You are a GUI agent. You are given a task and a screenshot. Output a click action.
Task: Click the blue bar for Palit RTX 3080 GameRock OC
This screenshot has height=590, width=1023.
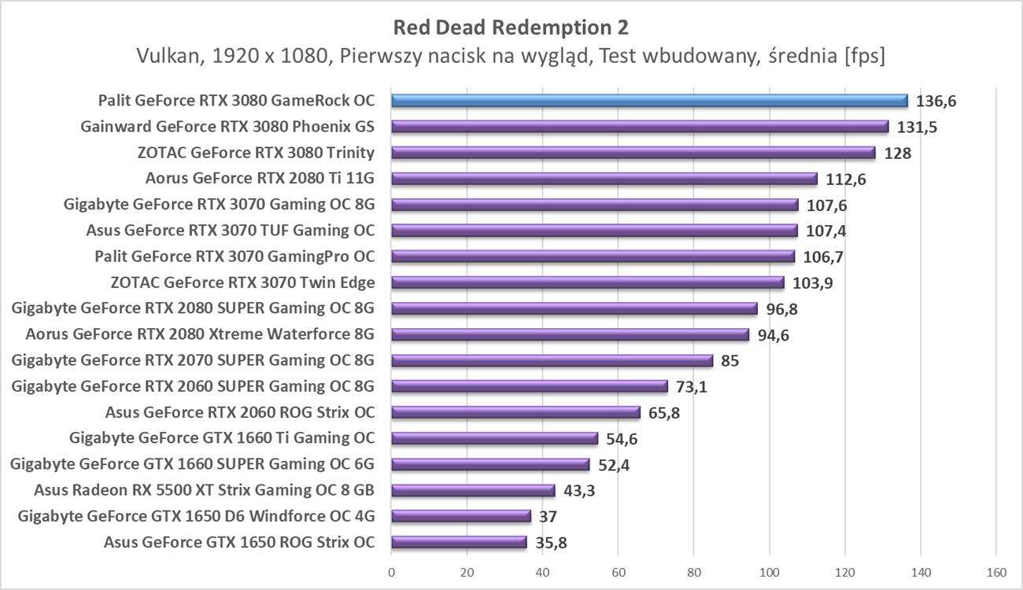(x=648, y=101)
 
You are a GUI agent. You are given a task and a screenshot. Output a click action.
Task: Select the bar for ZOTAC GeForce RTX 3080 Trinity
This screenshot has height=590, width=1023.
(x=633, y=153)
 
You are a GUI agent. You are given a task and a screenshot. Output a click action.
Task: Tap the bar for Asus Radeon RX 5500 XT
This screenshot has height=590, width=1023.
(x=472, y=491)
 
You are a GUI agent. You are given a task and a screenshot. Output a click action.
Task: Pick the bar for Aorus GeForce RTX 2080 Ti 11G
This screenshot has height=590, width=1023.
(x=604, y=179)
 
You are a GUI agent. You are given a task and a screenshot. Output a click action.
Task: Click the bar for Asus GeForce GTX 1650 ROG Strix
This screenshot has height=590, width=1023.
(x=458, y=542)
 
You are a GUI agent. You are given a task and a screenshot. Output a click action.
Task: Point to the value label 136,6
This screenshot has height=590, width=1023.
(x=935, y=101)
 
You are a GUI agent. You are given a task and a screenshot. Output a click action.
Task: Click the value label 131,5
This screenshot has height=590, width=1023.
(x=917, y=127)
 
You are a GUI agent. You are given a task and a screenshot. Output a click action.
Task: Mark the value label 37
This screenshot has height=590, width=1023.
(x=549, y=517)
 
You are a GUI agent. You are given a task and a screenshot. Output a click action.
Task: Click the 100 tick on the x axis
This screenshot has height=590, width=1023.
(x=769, y=573)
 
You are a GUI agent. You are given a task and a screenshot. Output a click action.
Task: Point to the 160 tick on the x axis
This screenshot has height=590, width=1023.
(x=996, y=573)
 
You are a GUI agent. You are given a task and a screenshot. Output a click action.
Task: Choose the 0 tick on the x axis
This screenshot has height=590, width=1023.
(x=391, y=573)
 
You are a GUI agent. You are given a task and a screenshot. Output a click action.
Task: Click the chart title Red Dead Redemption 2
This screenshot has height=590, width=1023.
(x=511, y=28)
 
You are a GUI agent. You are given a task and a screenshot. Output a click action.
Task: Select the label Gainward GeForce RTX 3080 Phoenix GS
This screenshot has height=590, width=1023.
(x=227, y=127)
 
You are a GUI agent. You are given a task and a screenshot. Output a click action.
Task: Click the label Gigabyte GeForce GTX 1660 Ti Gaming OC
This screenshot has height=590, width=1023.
(x=222, y=438)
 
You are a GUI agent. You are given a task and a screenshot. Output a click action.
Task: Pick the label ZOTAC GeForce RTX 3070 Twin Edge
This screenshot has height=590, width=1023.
(x=243, y=282)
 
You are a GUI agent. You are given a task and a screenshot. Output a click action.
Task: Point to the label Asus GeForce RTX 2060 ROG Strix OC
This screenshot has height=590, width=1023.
(x=239, y=412)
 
